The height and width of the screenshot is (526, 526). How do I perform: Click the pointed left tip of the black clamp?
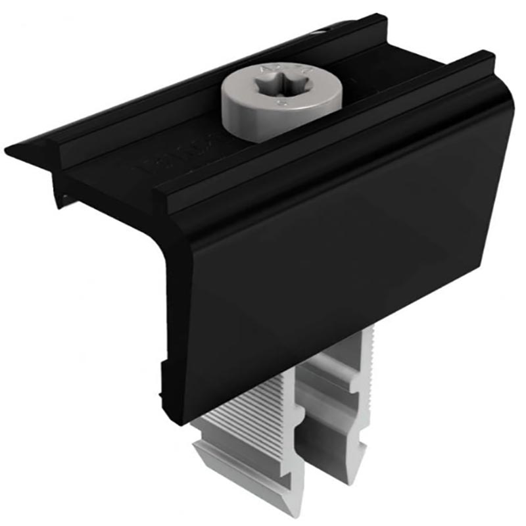click(8, 152)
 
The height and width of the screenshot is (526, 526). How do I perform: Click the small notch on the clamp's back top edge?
click(322, 30)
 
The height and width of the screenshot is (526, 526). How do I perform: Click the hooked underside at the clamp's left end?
click(62, 191)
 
